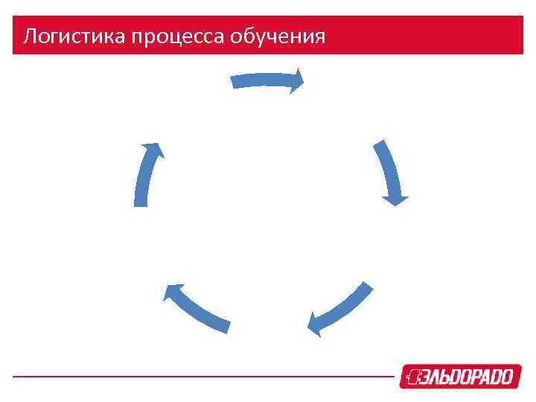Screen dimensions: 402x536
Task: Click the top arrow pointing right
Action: [x=267, y=80]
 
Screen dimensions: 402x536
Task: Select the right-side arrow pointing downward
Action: [x=392, y=173]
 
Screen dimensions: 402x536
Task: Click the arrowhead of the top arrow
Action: [x=298, y=80]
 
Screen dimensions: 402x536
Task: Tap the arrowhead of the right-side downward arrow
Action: [x=395, y=198]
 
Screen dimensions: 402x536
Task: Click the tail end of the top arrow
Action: [x=234, y=81]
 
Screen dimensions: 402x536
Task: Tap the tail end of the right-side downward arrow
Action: [x=380, y=144]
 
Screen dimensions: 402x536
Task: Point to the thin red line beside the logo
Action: [x=201, y=377]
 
